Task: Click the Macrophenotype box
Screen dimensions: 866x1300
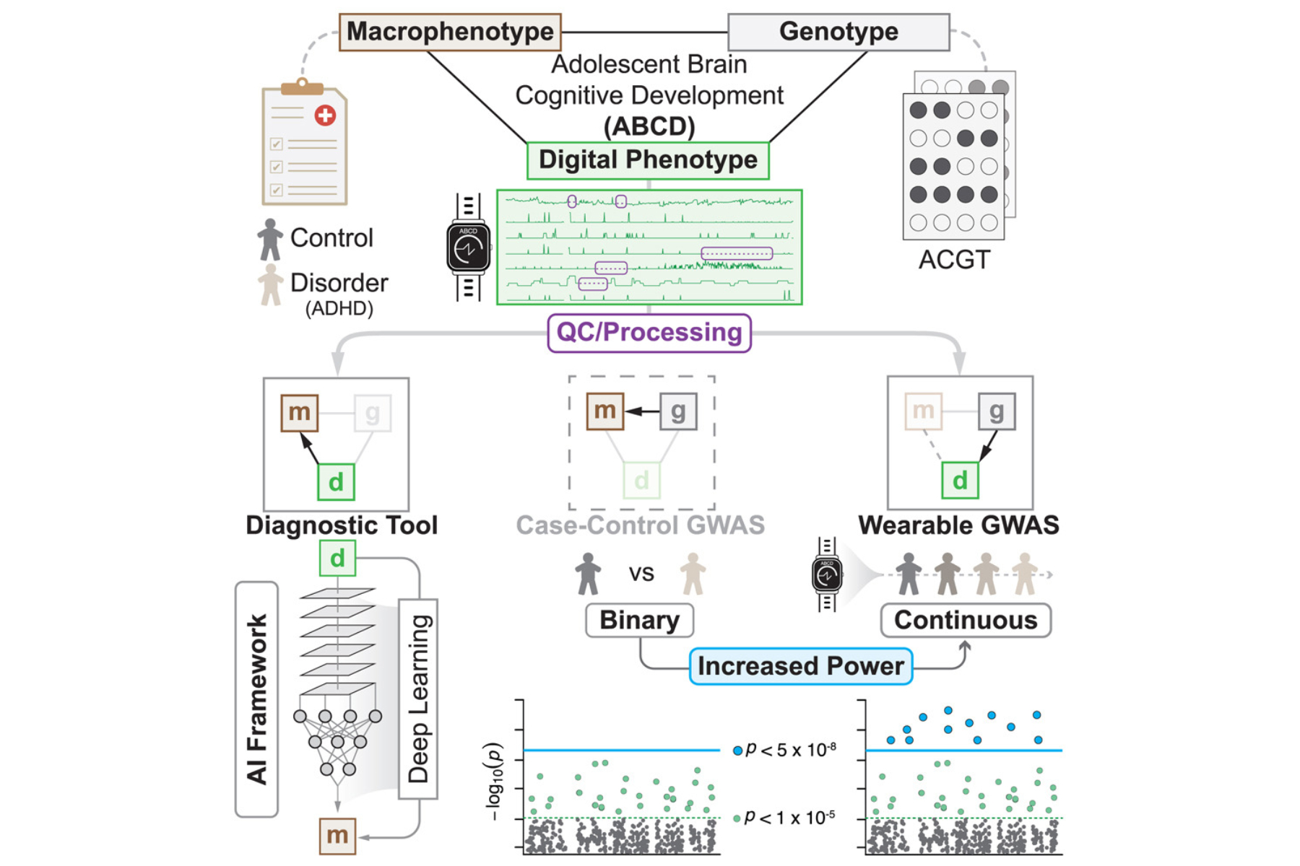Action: tap(450, 32)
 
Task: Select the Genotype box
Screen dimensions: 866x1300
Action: tap(838, 32)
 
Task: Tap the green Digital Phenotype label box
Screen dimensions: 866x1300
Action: tap(648, 160)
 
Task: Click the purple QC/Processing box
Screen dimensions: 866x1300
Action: tap(649, 333)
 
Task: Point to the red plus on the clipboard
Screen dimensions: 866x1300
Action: tap(325, 115)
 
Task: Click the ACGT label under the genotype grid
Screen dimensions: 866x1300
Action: tap(954, 260)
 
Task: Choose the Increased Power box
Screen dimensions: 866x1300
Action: tap(800, 666)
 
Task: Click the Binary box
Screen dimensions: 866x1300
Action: tap(639, 621)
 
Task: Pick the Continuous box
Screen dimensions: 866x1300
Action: tap(966, 621)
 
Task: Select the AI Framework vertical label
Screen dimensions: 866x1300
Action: tap(257, 699)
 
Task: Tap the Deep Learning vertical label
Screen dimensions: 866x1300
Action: tap(419, 699)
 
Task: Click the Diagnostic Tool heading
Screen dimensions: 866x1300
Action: tap(342, 525)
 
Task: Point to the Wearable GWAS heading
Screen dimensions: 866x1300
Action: tap(958, 525)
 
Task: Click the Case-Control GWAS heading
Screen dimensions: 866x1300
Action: tap(640, 525)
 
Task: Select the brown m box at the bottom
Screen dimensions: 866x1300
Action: tap(337, 836)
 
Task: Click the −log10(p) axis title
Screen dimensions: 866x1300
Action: tap(494, 781)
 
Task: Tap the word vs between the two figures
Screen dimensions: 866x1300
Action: tap(641, 574)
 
